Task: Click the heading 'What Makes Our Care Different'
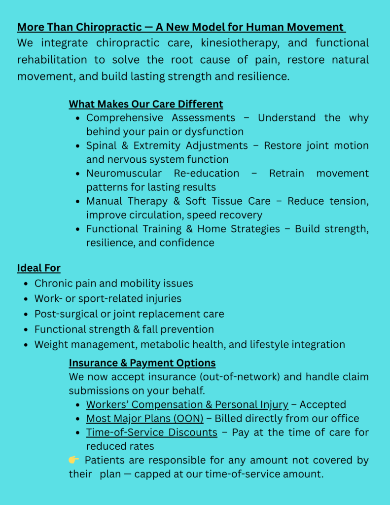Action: coord(145,104)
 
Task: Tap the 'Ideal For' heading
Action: coord(38,268)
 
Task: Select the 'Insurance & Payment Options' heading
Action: coord(142,363)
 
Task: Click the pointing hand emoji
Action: coord(73,460)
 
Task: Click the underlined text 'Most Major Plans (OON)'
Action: coord(144,418)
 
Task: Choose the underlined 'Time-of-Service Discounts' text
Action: coord(151,432)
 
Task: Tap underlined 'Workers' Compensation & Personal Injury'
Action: coord(187,404)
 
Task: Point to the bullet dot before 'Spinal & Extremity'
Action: coord(78,146)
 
